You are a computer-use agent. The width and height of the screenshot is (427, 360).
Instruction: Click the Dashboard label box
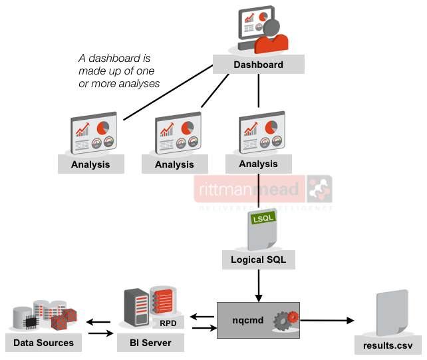(258, 65)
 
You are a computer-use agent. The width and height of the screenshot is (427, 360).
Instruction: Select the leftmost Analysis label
(90, 164)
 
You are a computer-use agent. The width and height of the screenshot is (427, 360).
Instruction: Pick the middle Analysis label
(174, 164)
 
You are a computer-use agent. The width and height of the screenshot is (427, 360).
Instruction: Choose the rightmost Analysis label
(258, 164)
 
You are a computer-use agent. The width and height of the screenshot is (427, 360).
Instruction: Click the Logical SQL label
(258, 260)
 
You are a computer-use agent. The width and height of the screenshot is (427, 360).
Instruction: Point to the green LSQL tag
(259, 218)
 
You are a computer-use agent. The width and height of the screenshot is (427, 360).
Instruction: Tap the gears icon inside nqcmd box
(288, 320)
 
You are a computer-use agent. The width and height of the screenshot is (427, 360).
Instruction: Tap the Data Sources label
(43, 343)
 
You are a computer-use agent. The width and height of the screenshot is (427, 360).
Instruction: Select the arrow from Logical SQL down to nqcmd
(258, 285)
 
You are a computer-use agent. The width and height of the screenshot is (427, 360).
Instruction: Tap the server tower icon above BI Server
(134, 309)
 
